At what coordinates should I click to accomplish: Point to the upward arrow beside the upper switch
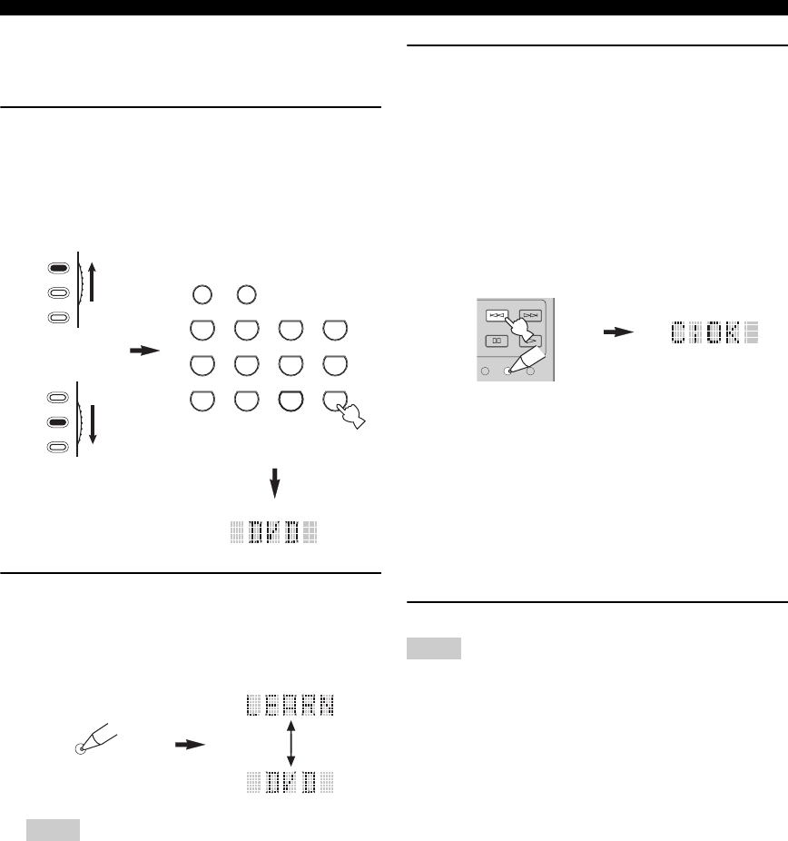click(x=94, y=281)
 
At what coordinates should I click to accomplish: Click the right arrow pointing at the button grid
click(x=143, y=348)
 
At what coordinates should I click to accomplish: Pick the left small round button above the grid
click(x=202, y=294)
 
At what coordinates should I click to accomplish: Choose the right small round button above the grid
click(x=244, y=294)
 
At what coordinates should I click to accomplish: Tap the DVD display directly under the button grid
click(x=273, y=531)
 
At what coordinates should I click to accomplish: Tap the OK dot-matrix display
click(x=714, y=332)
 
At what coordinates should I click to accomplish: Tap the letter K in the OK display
click(x=727, y=332)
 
